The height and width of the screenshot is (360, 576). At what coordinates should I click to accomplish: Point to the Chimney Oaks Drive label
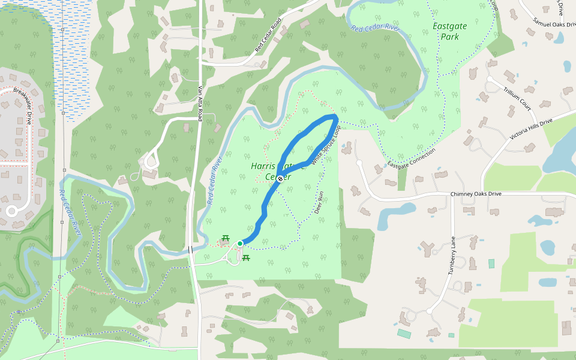point(476,194)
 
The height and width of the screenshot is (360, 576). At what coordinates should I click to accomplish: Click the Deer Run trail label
point(319,203)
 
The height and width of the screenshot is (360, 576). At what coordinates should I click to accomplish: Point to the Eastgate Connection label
point(411,158)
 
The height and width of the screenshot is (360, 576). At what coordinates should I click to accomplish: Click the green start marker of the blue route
point(240,243)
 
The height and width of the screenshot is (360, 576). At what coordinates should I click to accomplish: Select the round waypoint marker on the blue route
point(280,178)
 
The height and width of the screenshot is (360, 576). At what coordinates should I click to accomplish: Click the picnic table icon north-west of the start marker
point(226,238)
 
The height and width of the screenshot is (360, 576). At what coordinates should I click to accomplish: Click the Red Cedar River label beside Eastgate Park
point(375,27)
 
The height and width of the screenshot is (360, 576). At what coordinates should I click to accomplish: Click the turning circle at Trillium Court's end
point(490,79)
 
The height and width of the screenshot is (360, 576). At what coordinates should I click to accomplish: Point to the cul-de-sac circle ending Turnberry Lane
point(430,311)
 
